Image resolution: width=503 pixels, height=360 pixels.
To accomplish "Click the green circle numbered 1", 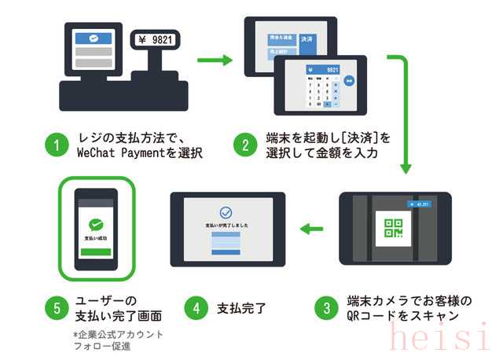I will [55, 145].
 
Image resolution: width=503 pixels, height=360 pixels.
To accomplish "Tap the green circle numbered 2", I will [245, 145].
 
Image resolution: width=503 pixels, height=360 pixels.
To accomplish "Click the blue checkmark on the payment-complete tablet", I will [226, 212].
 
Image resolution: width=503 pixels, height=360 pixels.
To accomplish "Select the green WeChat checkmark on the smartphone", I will [97, 224].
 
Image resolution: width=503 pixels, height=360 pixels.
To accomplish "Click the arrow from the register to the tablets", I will [214, 59].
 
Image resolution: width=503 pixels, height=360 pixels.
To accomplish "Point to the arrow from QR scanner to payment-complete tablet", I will [311, 230].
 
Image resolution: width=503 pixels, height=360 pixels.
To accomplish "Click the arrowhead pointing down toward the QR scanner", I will [406, 167].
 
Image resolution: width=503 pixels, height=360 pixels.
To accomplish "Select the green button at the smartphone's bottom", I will [97, 253].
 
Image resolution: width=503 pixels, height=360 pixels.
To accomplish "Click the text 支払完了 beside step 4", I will [241, 308].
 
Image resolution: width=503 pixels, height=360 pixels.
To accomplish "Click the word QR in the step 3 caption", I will [356, 316].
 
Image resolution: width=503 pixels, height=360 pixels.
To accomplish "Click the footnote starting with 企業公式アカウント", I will [119, 334].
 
